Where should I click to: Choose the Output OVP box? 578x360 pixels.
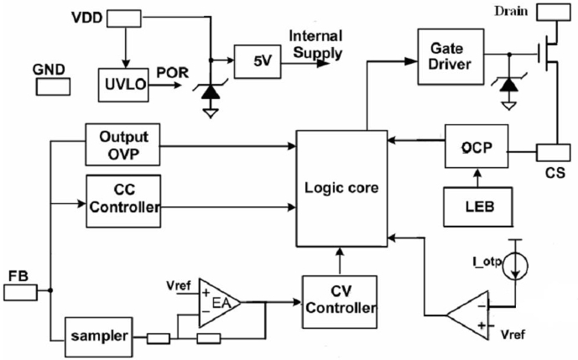[x=123, y=143]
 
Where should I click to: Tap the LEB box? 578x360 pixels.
[x=475, y=206]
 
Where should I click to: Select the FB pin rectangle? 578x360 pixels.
[x=19, y=292]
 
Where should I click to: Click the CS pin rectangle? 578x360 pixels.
[x=555, y=154]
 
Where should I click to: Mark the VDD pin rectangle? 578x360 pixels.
[x=124, y=18]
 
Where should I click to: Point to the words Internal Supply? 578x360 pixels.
[x=315, y=45]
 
